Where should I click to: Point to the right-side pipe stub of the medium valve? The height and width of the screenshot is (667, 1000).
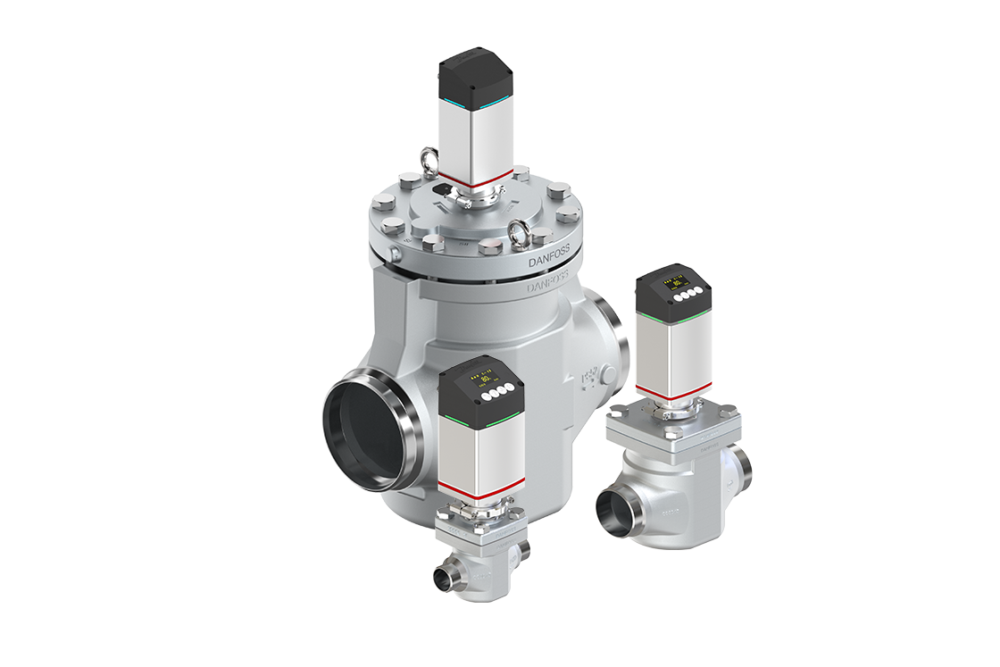(743, 465)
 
